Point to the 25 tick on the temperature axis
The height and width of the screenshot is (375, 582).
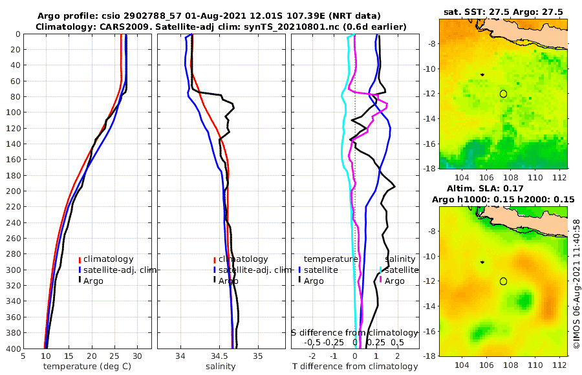(114, 356)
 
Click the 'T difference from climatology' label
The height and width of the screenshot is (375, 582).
(355, 366)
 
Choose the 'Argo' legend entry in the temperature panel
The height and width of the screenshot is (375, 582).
(93, 281)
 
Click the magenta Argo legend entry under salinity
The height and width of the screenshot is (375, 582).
(394, 281)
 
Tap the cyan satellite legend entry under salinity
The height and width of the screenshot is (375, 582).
(400, 270)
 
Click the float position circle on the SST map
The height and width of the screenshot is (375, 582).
(503, 94)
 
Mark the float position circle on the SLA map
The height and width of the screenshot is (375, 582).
(503, 281)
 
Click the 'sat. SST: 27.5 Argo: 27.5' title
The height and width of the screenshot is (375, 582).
(503, 12)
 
